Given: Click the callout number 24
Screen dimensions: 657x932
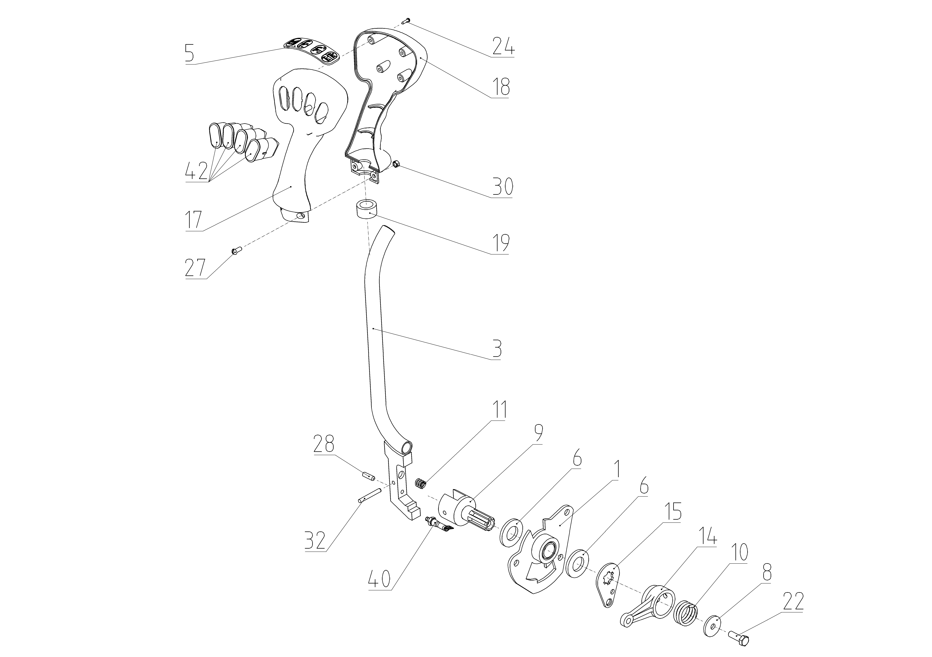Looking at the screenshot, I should pos(503,46).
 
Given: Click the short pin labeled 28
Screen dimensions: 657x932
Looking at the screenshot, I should pos(369,475).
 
